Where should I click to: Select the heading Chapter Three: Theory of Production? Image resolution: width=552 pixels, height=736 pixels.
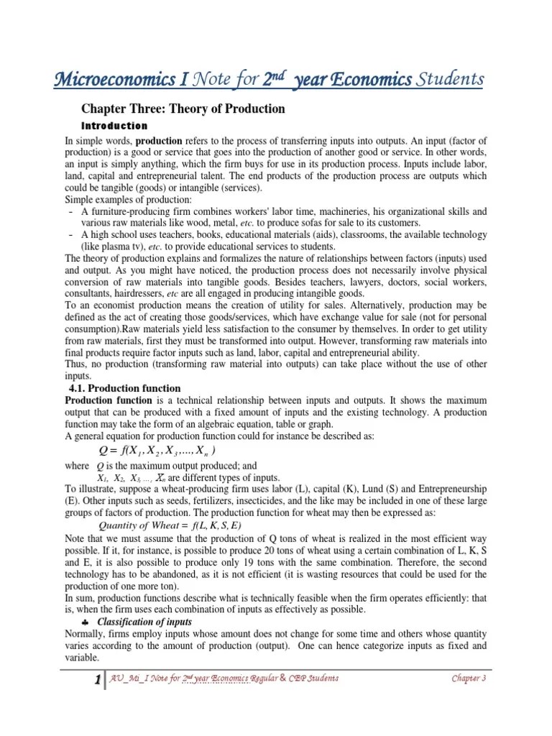(x=183, y=109)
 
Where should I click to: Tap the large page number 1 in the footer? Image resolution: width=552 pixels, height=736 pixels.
(x=95, y=680)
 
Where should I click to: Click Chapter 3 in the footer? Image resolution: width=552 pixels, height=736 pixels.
(x=469, y=679)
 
